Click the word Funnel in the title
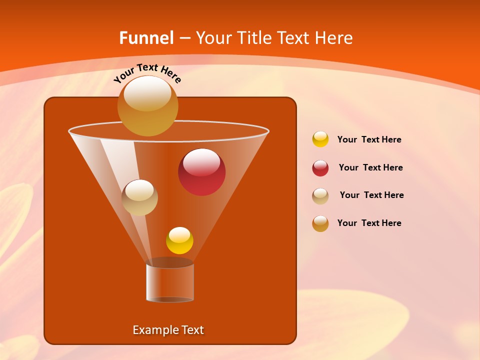tap(146, 37)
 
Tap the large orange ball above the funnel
tap(147, 106)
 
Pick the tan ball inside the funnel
tap(139, 198)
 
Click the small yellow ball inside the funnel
tap(179, 241)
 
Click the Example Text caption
tap(168, 330)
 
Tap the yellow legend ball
tap(320, 139)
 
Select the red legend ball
tap(320, 168)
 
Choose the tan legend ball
tap(320, 196)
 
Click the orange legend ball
tap(320, 223)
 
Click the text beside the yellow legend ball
tap(369, 140)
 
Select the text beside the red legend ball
tap(370, 168)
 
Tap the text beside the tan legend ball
tap(371, 195)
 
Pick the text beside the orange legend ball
tap(369, 223)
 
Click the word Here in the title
tap(335, 37)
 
